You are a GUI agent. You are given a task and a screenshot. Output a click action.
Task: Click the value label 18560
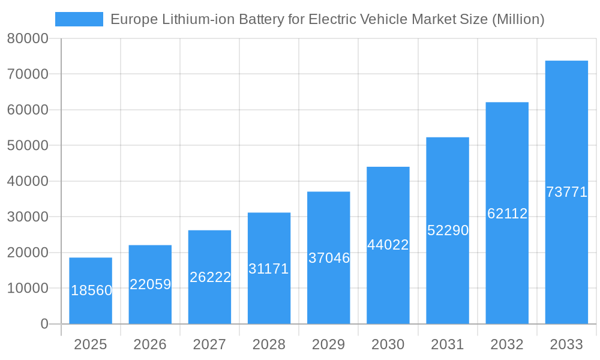(x=91, y=290)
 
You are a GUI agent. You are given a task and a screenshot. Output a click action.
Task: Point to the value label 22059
(x=151, y=284)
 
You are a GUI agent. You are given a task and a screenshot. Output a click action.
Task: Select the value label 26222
(x=210, y=277)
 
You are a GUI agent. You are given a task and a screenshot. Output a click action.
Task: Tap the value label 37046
(x=329, y=258)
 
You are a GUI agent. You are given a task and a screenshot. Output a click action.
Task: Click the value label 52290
(x=448, y=230)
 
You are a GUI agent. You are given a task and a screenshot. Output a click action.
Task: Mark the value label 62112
(x=507, y=213)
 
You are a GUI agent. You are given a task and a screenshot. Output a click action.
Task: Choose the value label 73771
(x=566, y=192)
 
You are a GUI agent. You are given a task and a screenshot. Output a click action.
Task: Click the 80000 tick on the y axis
(x=28, y=39)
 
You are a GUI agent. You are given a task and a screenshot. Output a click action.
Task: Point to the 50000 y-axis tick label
(x=28, y=146)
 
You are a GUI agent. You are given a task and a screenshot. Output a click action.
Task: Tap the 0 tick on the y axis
(x=44, y=324)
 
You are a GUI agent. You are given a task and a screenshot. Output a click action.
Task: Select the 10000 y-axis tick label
(x=28, y=289)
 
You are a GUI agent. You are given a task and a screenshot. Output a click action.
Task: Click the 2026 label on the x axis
(x=150, y=344)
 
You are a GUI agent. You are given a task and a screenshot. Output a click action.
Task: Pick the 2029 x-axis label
(x=329, y=344)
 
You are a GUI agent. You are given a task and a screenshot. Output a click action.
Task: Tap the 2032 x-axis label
(x=507, y=344)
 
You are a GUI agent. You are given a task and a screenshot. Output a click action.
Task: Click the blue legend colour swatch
(x=79, y=19)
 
